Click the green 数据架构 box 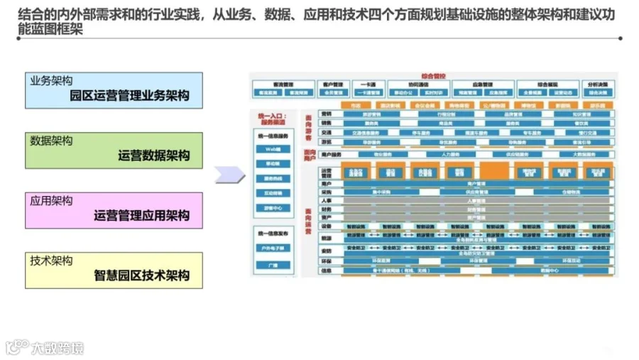[114, 149]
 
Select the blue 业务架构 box [114, 89]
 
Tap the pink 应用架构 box [114, 209]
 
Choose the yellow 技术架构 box [114, 270]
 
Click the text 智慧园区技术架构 [141, 276]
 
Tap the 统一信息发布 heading [273, 234]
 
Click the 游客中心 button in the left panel [273, 207]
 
